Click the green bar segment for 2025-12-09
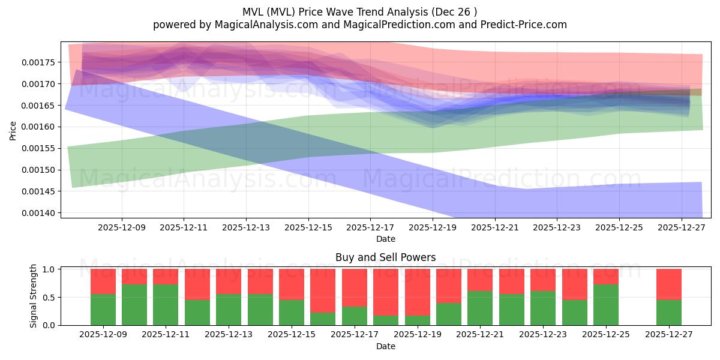point(103,310)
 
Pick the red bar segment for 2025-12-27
point(668,284)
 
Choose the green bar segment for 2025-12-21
point(480,308)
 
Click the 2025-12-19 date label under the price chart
point(433,228)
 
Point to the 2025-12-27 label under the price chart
point(682,228)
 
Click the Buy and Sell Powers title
point(385,257)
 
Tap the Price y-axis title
point(13,130)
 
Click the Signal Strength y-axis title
point(34,296)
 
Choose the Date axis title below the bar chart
point(385,346)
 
